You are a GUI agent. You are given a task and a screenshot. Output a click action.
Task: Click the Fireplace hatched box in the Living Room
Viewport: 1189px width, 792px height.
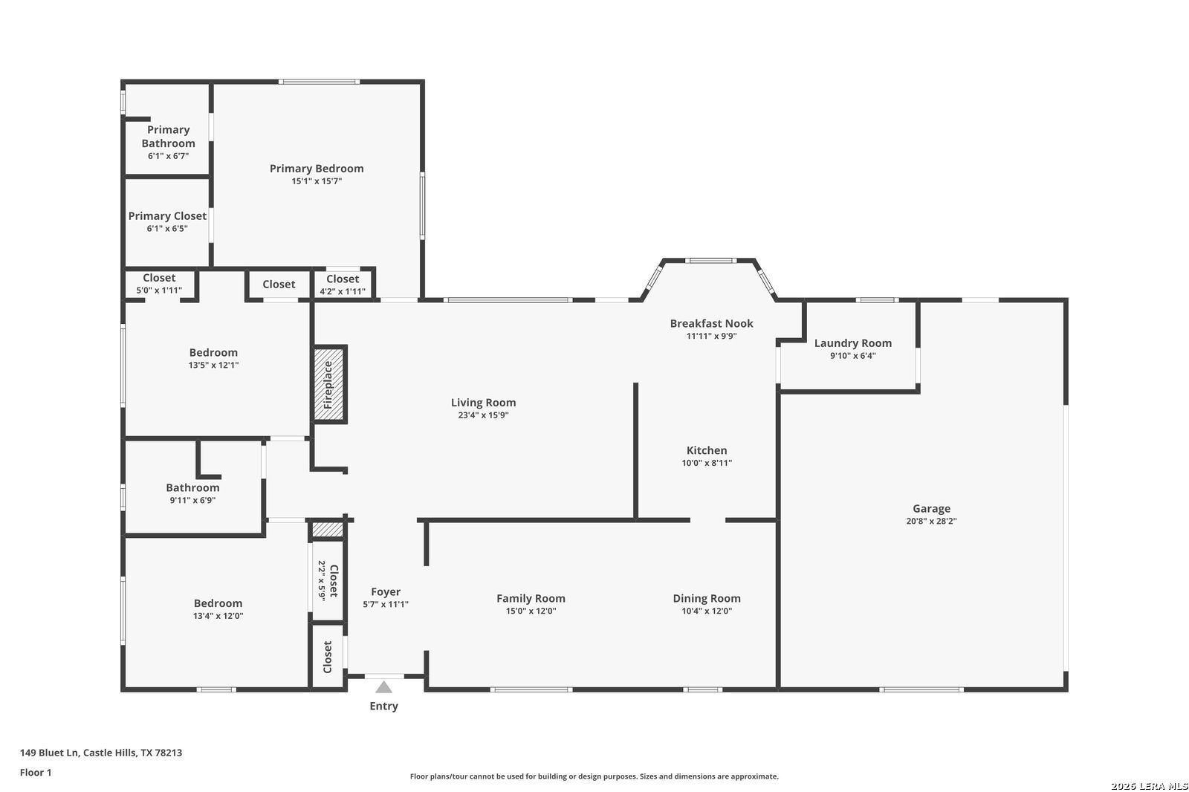pos(328,384)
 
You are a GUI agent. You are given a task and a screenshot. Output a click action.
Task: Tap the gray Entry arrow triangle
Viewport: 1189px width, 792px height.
pos(383,687)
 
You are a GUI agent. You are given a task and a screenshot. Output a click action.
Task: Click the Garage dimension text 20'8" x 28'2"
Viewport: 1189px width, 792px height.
pos(931,522)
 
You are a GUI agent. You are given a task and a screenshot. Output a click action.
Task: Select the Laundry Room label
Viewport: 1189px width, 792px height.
pos(853,343)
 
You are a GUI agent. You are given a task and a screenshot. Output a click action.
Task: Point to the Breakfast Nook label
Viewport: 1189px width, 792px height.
pos(711,323)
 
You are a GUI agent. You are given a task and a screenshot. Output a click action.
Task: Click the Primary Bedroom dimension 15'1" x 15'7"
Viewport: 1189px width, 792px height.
pos(317,181)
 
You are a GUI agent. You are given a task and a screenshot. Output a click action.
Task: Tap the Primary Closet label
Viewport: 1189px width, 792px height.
pos(167,216)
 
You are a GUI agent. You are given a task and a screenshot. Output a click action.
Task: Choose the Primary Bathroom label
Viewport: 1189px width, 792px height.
pos(168,137)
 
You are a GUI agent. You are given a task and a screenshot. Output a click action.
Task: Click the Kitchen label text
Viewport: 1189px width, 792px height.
pos(707,450)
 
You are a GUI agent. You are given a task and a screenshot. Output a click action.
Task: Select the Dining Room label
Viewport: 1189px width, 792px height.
pos(707,598)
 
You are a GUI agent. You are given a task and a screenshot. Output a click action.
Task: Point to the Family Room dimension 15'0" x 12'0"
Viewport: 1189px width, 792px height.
pos(531,611)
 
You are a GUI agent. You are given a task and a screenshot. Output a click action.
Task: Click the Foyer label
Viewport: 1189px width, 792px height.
pos(386,592)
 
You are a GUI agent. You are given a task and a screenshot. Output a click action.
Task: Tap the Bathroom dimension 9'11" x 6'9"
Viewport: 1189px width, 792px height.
pos(192,500)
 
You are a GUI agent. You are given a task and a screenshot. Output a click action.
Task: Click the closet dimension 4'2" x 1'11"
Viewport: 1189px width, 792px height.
pos(343,291)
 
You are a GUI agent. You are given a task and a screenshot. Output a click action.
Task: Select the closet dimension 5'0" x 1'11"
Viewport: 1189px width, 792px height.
pos(159,290)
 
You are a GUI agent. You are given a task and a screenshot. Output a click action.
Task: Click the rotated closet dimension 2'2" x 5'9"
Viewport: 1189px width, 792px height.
pos(322,580)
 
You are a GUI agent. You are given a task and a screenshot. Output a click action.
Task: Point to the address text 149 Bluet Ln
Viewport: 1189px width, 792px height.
pos(49,753)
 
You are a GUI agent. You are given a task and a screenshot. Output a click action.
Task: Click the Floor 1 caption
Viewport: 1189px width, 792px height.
pos(36,773)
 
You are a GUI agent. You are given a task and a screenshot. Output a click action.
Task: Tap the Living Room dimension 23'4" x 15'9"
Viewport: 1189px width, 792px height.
pos(483,415)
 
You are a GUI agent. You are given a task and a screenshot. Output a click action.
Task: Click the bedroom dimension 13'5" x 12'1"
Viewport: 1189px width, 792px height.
pos(213,366)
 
